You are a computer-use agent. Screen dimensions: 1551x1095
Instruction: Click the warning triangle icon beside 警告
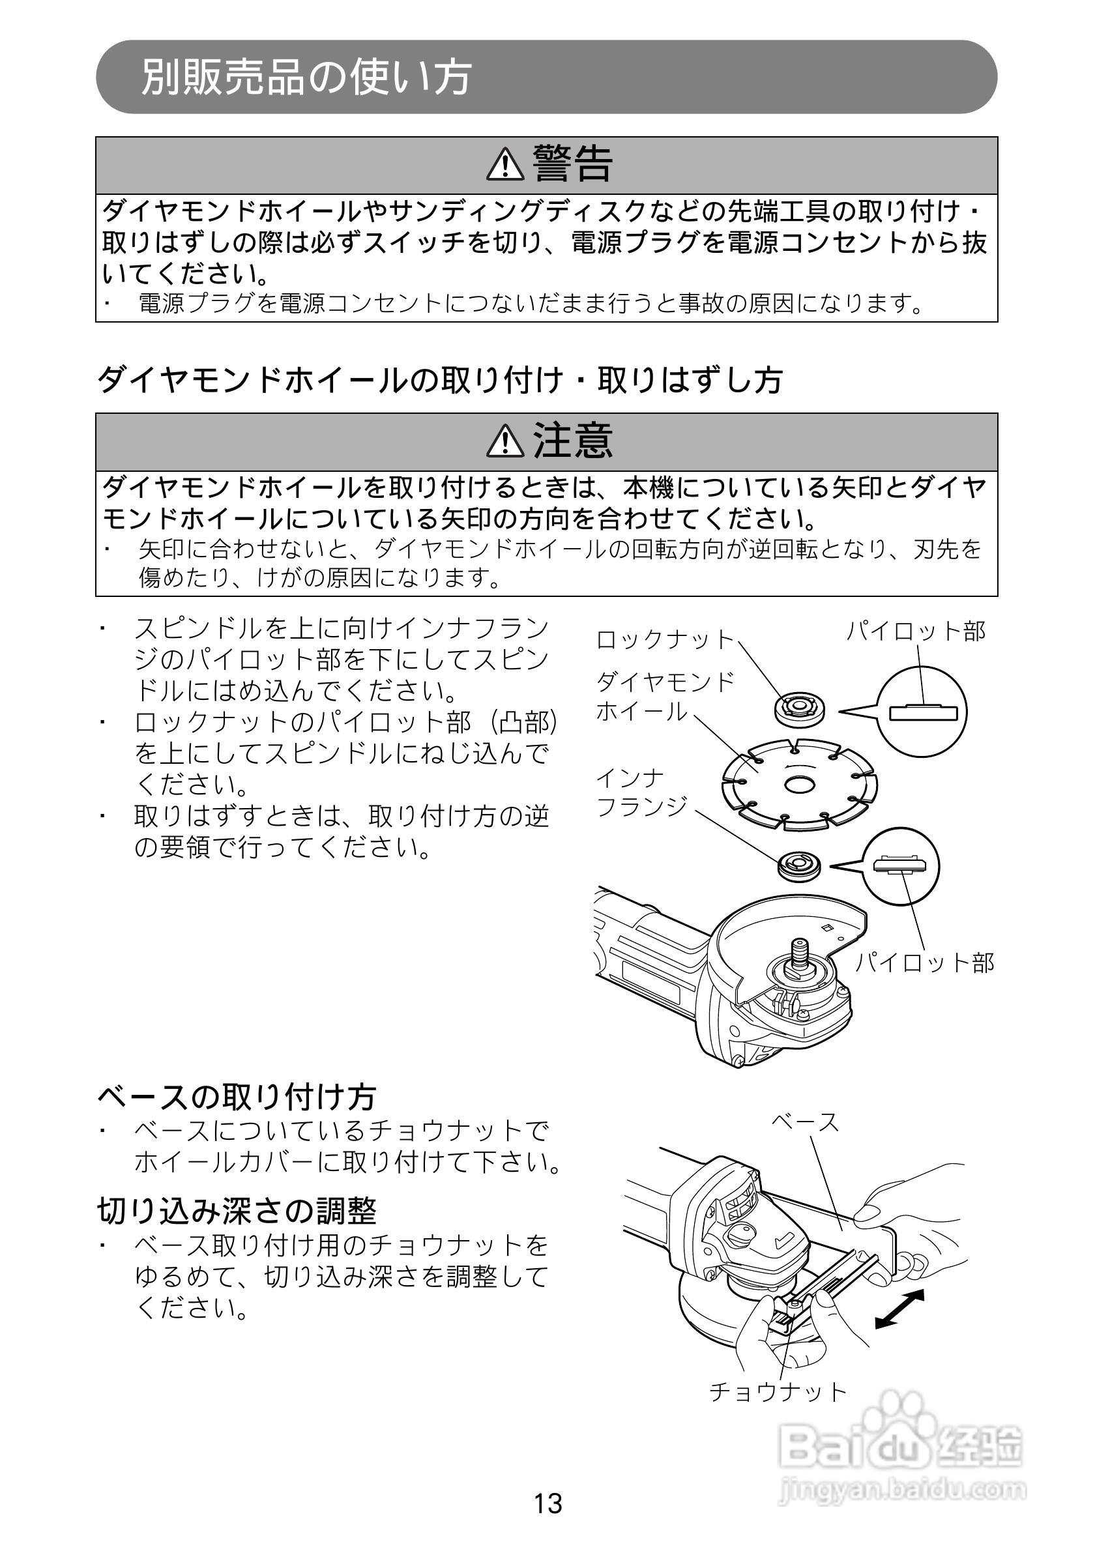click(x=504, y=165)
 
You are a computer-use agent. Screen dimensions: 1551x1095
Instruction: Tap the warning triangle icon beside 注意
click(x=504, y=441)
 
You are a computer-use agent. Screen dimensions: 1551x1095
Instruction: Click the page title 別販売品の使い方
click(x=305, y=77)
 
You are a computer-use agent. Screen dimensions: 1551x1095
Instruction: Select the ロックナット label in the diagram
click(x=665, y=639)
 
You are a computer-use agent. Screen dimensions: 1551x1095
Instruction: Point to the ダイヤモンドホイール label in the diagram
click(x=665, y=697)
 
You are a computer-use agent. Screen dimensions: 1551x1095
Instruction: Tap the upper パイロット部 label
click(x=916, y=631)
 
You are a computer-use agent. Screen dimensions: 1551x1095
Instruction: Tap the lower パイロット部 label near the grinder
click(x=925, y=963)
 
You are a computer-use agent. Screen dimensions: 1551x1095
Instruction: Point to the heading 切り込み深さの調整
click(x=237, y=1211)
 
